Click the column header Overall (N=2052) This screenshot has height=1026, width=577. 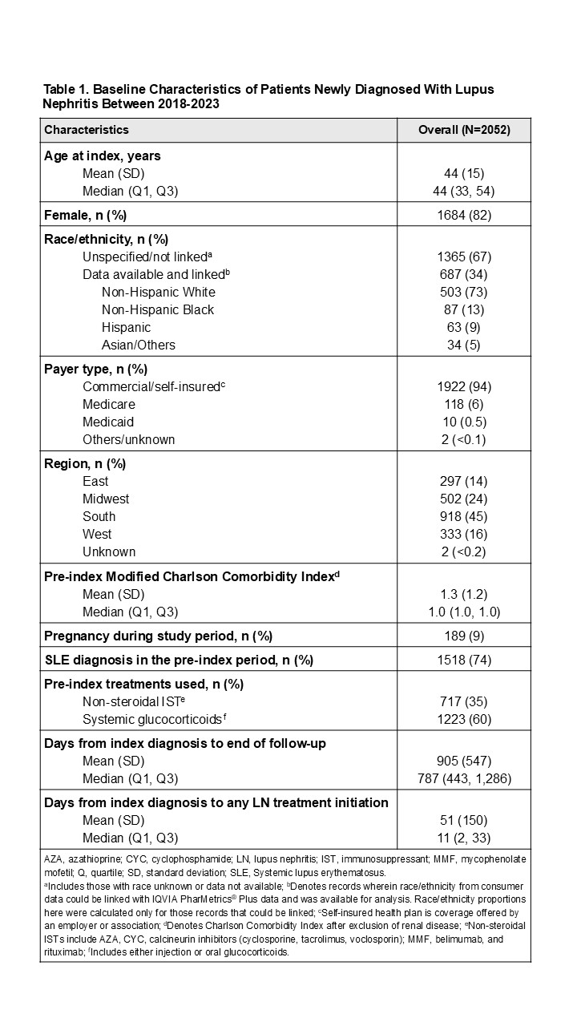point(463,130)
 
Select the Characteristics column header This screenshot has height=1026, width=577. point(87,130)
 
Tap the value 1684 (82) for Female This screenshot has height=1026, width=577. point(463,215)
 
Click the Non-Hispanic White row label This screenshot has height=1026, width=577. point(159,292)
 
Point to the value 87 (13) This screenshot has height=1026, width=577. point(463,309)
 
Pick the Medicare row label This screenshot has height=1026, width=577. point(109,404)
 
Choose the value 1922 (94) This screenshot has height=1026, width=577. point(463,386)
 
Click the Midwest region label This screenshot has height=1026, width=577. point(106,499)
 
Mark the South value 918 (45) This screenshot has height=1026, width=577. point(463,516)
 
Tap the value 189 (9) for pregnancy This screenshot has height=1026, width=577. point(463,636)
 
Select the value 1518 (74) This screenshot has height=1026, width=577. point(463,660)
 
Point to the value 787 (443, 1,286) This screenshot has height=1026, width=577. point(463,779)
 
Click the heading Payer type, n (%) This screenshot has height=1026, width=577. point(96,369)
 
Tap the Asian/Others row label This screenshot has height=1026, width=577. point(139,345)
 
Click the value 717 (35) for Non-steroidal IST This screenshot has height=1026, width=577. point(463,702)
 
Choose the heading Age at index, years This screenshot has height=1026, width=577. point(103,156)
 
